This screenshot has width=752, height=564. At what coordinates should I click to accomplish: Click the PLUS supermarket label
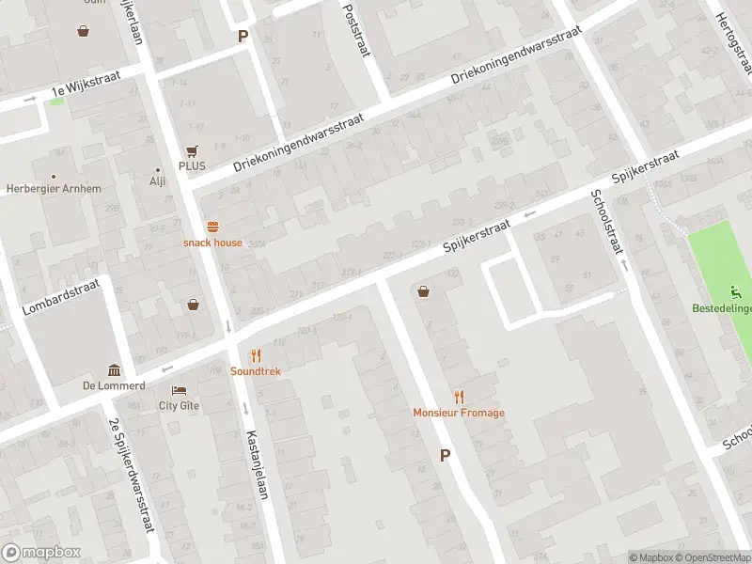click(193, 165)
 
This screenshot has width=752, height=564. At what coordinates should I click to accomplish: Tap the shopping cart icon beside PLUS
click(193, 150)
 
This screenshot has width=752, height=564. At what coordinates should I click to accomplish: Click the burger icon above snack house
click(212, 227)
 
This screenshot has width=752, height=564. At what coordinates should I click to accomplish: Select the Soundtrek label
click(256, 371)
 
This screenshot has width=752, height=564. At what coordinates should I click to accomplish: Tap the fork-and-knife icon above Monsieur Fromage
click(459, 397)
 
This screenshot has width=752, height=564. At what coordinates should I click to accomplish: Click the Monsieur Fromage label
click(459, 413)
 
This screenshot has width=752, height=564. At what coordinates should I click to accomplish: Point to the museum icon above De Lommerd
click(114, 369)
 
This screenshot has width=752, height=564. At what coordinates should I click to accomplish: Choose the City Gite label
click(179, 406)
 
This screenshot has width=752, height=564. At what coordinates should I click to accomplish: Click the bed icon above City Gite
click(179, 390)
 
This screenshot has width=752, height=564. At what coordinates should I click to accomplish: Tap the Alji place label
click(157, 182)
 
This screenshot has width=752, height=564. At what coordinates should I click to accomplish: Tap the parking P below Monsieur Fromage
click(445, 455)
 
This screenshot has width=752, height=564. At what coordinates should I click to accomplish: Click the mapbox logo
click(40, 553)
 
